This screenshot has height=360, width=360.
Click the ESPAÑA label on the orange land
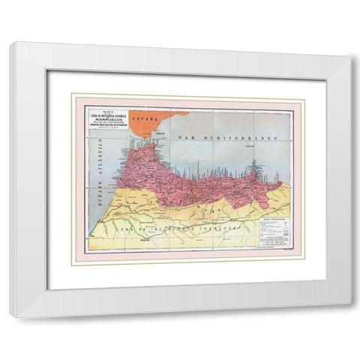click(x=142, y=118)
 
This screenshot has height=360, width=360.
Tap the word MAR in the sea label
click(x=184, y=140)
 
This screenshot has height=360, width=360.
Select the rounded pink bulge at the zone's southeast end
click(x=276, y=185)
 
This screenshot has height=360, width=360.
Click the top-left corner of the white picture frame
click(x=11, y=44)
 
